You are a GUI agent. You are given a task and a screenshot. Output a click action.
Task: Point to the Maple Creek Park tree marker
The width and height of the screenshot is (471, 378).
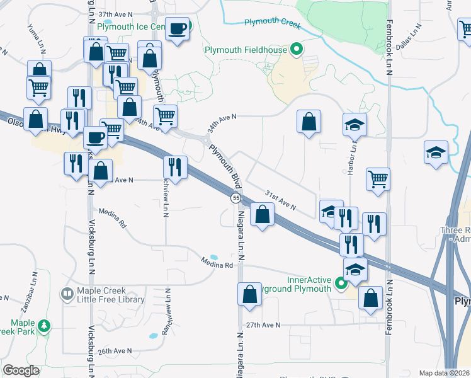tap(43, 326)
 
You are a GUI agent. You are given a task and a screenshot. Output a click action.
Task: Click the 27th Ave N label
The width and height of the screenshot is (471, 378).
tap(262, 325)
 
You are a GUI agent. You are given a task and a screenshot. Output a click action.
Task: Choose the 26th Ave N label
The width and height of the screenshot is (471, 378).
tap(114, 351)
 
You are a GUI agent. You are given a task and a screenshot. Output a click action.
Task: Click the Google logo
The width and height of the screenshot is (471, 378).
tap(21, 370)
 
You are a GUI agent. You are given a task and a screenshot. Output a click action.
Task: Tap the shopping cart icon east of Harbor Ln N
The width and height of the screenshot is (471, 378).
tap(378, 179)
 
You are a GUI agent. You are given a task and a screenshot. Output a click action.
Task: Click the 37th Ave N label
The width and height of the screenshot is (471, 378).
tap(116, 14)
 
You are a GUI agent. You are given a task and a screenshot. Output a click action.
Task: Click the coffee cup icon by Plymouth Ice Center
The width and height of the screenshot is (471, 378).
tap(178, 28)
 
